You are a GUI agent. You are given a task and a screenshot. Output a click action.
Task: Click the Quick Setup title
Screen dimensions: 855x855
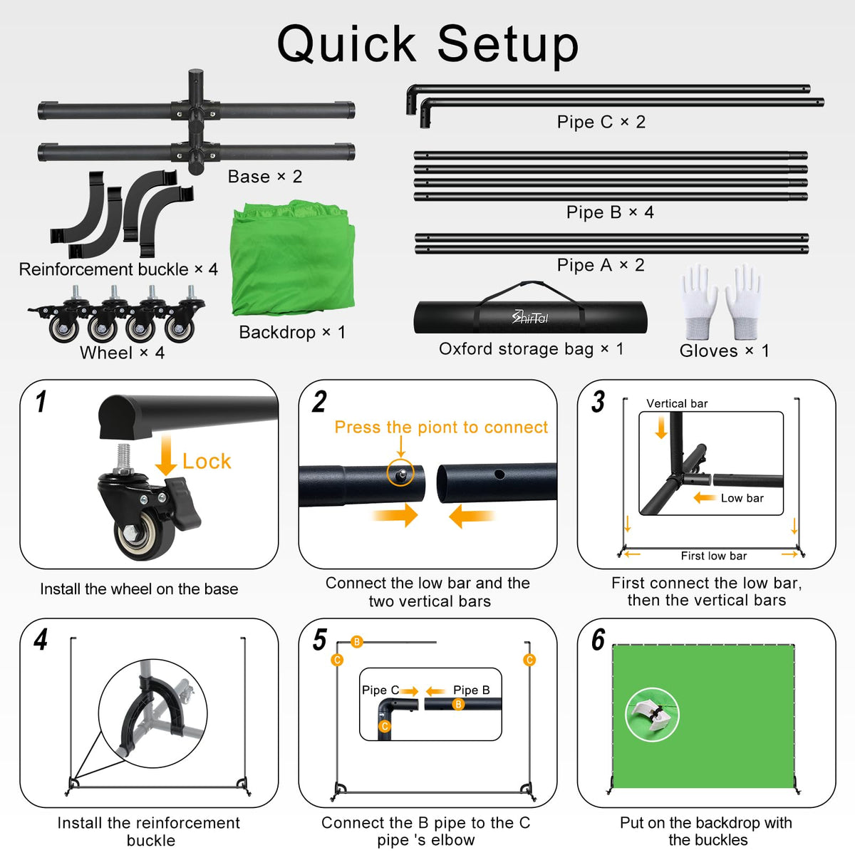pyautogui.click(x=427, y=44)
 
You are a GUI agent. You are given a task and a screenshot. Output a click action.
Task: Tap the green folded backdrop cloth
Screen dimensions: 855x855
pyautogui.click(x=293, y=257)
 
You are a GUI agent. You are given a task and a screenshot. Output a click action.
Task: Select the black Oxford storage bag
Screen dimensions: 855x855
pyautogui.click(x=530, y=313)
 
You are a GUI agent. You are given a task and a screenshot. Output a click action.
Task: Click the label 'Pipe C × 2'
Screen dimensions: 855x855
pyautogui.click(x=601, y=122)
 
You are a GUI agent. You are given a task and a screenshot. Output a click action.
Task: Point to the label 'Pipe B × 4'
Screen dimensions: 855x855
pyautogui.click(x=610, y=212)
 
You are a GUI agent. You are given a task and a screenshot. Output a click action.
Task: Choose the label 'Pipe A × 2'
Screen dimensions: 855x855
pyautogui.click(x=601, y=265)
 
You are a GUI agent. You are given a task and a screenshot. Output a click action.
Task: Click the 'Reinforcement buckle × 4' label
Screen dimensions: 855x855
pyautogui.click(x=118, y=269)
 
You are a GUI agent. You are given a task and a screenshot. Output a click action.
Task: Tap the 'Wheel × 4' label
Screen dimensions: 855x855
pyautogui.click(x=123, y=353)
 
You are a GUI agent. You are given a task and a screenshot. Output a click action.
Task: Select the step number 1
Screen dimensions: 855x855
pyautogui.click(x=41, y=402)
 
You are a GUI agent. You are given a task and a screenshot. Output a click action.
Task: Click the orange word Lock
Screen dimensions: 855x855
pyautogui.click(x=207, y=462)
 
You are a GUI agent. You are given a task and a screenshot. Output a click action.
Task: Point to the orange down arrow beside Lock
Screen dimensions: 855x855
pyautogui.click(x=166, y=455)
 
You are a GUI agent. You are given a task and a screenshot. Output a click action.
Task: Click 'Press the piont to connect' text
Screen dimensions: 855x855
pyautogui.click(x=441, y=427)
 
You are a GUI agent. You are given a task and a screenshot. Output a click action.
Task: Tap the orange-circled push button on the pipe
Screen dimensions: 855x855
pyautogui.click(x=400, y=473)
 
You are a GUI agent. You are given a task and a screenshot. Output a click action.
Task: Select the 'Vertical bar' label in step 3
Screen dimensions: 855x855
pyautogui.click(x=677, y=403)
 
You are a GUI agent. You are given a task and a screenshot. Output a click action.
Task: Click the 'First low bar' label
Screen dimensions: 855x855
pyautogui.click(x=714, y=556)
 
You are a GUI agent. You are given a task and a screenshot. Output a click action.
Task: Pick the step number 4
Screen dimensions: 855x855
pyautogui.click(x=41, y=640)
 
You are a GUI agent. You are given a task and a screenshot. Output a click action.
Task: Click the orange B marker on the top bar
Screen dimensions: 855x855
pyautogui.click(x=357, y=641)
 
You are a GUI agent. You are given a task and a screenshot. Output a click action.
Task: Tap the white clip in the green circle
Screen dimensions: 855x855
pyautogui.click(x=651, y=715)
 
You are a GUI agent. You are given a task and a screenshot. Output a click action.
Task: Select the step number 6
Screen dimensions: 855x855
pyautogui.click(x=598, y=640)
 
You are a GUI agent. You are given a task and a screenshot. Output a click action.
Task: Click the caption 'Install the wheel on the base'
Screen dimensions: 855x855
pyautogui.click(x=139, y=589)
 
